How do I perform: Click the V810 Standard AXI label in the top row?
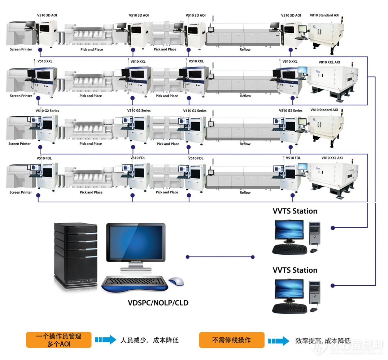[x=324, y=16]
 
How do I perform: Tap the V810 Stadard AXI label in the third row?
[x=324, y=110]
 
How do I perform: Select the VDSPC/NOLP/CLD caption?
[x=158, y=303]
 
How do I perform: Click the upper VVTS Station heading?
[x=295, y=211]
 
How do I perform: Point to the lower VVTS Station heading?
[x=295, y=270]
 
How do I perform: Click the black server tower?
[x=76, y=254]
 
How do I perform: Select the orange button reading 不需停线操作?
[x=231, y=340]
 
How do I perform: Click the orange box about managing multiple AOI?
[x=58, y=340]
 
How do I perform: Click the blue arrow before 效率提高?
[x=278, y=340]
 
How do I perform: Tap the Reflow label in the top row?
[x=245, y=50]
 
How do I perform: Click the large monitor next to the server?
[x=135, y=243]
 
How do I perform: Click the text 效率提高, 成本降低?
[x=323, y=340]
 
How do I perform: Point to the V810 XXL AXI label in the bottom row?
[x=332, y=158]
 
